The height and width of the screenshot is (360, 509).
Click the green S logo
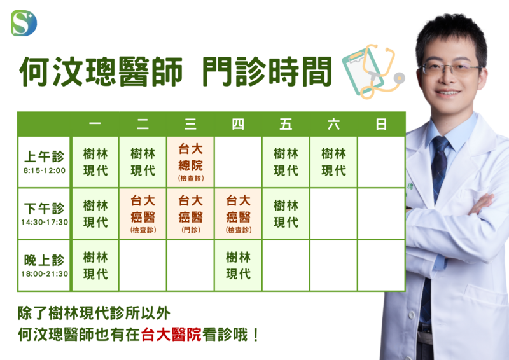[24, 23]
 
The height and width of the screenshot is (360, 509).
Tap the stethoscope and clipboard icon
[373, 71]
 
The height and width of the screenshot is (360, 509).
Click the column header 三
[190, 124]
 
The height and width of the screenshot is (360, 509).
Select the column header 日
[381, 124]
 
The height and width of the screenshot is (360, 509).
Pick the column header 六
[333, 124]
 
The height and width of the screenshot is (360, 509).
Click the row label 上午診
[44, 156]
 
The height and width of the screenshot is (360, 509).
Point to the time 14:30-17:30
[45, 223]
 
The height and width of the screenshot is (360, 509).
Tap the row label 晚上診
[44, 260]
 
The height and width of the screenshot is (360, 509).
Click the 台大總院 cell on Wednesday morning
[190, 162]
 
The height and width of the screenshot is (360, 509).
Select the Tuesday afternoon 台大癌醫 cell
[143, 214]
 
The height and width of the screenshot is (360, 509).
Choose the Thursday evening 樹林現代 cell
[238, 265]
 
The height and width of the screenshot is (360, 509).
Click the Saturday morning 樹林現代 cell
[333, 162]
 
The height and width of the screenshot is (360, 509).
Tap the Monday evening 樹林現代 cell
[95, 265]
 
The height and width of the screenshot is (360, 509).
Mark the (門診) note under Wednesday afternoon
[190, 230]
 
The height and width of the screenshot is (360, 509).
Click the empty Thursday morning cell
[238, 162]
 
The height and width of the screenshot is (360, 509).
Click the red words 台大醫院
[171, 335]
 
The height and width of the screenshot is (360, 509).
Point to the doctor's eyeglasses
[451, 69]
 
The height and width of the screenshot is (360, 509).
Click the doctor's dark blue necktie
[439, 169]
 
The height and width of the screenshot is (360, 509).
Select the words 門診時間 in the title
[267, 72]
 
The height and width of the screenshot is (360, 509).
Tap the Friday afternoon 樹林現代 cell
[286, 214]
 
